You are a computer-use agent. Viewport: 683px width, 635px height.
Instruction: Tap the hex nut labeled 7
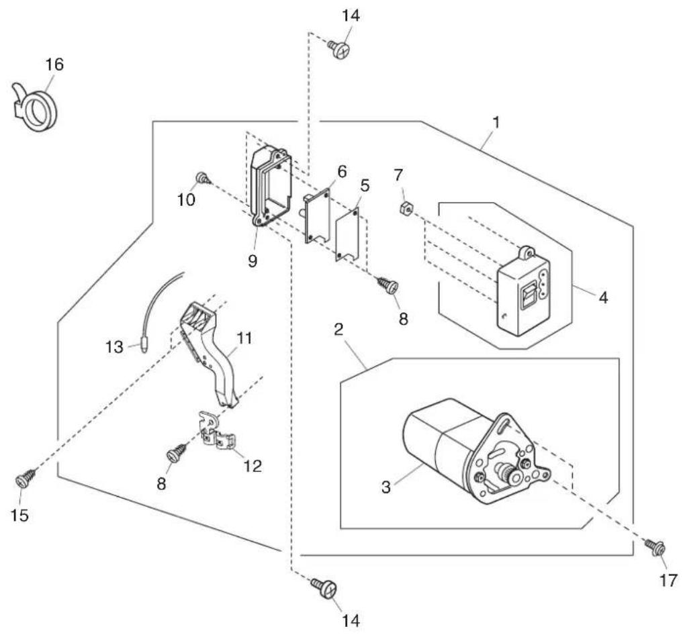pos(406,209)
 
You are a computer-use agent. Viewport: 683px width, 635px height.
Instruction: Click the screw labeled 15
pos(25,479)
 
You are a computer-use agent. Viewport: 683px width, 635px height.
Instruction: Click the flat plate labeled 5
pos(347,235)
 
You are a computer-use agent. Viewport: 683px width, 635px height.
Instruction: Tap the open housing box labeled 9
pos(271,187)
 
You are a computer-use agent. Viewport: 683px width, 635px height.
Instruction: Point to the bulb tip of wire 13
pos(144,347)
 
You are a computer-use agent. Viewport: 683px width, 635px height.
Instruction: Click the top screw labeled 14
pos(339,48)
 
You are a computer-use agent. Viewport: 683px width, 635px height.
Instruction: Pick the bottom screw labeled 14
pos(325,588)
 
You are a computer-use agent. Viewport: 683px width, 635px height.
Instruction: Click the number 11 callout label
pos(244,338)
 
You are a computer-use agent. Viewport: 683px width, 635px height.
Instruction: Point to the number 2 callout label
pos(338,329)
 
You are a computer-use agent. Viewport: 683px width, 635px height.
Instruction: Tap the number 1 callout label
pos(496,122)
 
